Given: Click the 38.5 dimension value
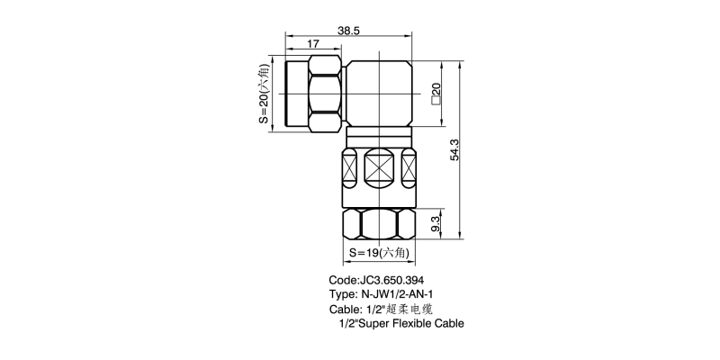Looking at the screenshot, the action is click(x=348, y=31).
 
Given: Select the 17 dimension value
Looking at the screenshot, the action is click(x=312, y=44).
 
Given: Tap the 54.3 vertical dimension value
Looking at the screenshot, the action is click(x=454, y=149).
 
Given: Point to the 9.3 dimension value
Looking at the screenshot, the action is click(x=436, y=223).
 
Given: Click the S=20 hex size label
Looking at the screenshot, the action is click(x=263, y=94).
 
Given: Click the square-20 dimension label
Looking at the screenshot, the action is click(x=436, y=94).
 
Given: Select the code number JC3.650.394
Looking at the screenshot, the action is click(x=391, y=280).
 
